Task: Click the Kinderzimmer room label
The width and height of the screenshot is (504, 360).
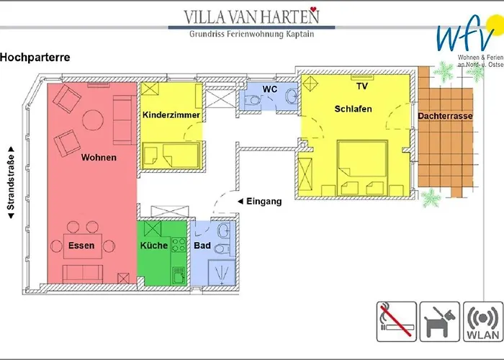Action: pyautogui.click(x=171, y=114)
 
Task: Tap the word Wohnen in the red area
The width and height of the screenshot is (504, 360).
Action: pyautogui.click(x=99, y=158)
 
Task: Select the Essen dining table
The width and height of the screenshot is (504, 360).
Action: pyautogui.click(x=83, y=246)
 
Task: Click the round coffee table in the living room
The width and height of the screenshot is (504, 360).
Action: pyautogui.click(x=93, y=120)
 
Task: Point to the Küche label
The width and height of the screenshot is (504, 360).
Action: pyautogui.click(x=154, y=246)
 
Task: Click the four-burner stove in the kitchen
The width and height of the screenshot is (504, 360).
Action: pyautogui.click(x=179, y=245)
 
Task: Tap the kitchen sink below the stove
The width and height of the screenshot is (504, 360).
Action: pyautogui.click(x=179, y=275)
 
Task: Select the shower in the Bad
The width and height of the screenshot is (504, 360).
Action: pyautogui.click(x=222, y=272)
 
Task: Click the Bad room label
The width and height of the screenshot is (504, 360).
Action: pyautogui.click(x=202, y=246)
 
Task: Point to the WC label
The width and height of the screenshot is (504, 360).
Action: pyautogui.click(x=270, y=89)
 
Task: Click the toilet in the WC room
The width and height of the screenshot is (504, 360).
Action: pyautogui.click(x=252, y=100)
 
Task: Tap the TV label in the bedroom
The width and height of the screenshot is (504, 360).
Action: pyautogui.click(x=362, y=86)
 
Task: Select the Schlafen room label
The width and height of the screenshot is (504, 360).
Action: pyautogui.click(x=353, y=109)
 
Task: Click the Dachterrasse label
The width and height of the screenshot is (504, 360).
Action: pyautogui.click(x=445, y=116)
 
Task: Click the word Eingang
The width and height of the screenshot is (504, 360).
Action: pyautogui.click(x=264, y=202)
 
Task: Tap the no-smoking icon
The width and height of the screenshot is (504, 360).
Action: pyautogui.click(x=397, y=321)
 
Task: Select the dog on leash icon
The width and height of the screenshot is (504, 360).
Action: pyautogui.click(x=440, y=321)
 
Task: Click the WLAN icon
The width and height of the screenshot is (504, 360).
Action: pyautogui.click(x=483, y=321)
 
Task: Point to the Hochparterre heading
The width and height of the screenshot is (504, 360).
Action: pyautogui.click(x=35, y=57)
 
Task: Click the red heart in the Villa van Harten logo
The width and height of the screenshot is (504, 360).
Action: pyautogui.click(x=314, y=9)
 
